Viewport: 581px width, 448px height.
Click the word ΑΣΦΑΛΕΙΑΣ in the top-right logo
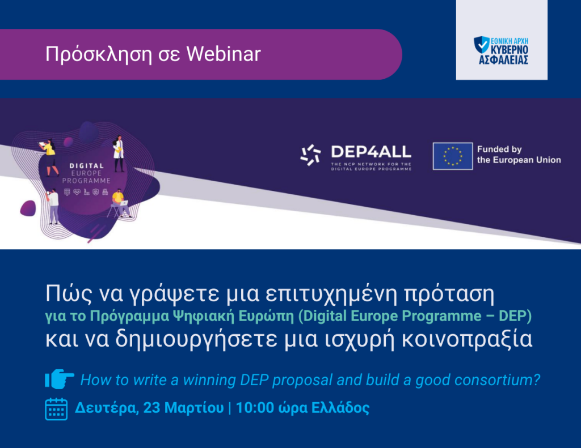tap(502, 59)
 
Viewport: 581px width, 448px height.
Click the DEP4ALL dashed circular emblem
tap(310, 155)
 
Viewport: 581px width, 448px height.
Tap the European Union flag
tap(452, 156)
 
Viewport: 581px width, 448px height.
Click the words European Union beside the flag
tap(519, 160)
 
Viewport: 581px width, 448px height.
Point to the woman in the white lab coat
tap(119, 153)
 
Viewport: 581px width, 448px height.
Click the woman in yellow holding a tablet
tap(50, 156)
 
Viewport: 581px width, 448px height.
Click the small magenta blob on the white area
tap(28, 208)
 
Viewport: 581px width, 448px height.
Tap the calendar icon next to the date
tap(56, 408)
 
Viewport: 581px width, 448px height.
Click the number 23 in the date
tap(152, 408)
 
